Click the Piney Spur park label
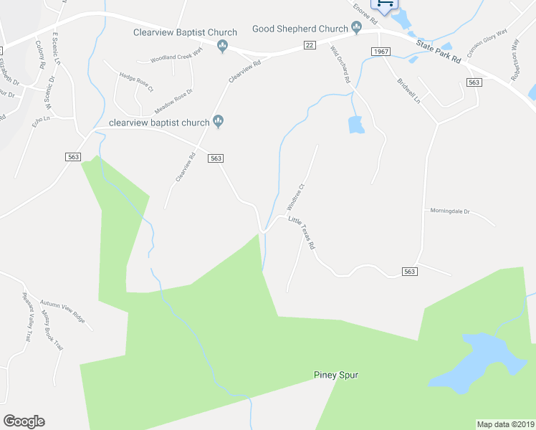pos(335,375)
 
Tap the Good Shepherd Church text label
pos(300,29)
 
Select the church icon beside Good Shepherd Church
pos(357,29)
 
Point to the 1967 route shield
pos(381,52)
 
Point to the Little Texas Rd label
pos(302,233)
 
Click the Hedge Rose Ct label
pos(137,82)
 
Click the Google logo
pos(24,421)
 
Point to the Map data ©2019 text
pos(505,424)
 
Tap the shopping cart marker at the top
pos(385,4)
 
